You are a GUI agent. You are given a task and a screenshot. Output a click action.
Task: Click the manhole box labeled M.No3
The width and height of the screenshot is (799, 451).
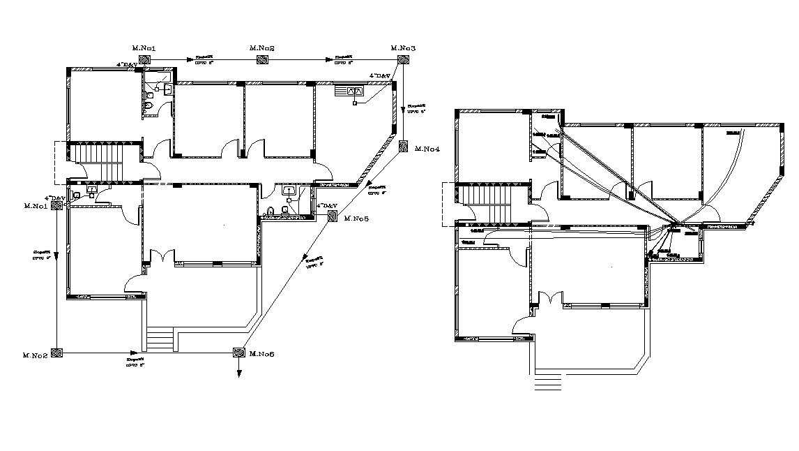tap(403, 60)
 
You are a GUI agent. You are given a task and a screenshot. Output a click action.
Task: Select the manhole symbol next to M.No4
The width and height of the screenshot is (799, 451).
tap(403, 147)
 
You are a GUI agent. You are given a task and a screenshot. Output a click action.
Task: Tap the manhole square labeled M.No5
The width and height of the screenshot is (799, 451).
tap(333, 219)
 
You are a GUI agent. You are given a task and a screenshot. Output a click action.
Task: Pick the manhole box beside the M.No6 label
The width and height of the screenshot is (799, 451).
tap(238, 354)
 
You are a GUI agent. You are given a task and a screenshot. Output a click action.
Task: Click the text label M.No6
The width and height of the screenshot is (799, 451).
tap(261, 355)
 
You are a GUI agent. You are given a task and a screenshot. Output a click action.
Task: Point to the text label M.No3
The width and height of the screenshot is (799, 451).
tap(403, 48)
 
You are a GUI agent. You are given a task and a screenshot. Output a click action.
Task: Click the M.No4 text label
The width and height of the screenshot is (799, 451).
tap(427, 149)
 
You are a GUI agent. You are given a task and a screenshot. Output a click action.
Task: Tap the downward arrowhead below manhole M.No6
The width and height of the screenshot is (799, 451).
tap(238, 374)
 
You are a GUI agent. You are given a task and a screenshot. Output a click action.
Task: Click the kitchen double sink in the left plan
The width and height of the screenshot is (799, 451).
tap(353, 90)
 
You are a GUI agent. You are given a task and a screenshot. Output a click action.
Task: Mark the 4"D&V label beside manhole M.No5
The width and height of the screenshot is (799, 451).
tap(326, 206)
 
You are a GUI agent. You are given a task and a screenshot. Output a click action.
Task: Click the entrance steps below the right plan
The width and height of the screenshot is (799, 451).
tap(547, 383)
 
